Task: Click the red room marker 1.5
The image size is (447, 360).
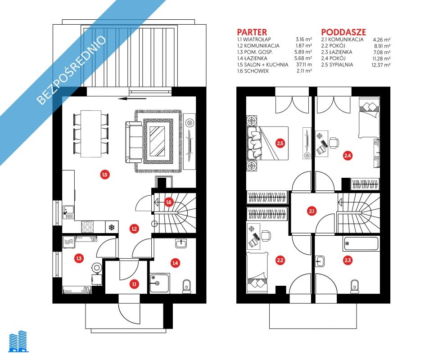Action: tap(105, 174)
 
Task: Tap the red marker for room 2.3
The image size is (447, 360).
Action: tap(348, 260)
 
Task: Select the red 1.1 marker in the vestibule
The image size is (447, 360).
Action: tap(134, 284)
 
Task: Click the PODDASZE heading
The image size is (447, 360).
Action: tap(343, 32)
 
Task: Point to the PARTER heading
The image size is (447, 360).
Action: tap(252, 32)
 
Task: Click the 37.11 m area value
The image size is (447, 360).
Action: tap(304, 65)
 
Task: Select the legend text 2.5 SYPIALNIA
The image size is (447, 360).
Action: tap(337, 65)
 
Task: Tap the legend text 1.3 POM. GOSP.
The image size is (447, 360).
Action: tap(255, 52)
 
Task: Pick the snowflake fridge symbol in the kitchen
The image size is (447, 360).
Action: tap(112, 227)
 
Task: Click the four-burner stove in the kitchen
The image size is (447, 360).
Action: tap(87, 227)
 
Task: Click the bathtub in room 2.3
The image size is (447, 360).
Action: tap(361, 244)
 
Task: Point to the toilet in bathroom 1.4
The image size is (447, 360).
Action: tap(187, 286)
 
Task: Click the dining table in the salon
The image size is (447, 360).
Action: tap(90, 133)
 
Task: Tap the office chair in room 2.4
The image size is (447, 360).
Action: tap(334, 143)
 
